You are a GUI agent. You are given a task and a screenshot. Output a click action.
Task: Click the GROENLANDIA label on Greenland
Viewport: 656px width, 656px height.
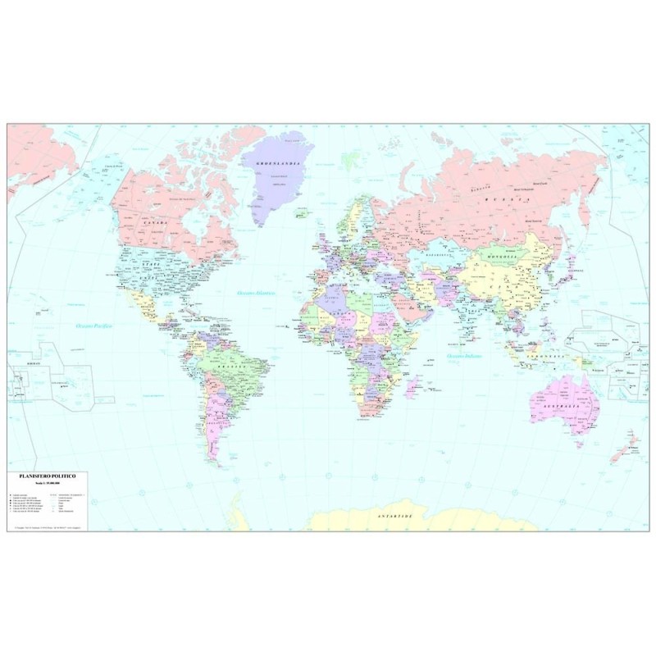coord(275,164)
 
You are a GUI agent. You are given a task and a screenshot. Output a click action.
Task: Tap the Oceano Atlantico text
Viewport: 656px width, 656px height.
coord(256,293)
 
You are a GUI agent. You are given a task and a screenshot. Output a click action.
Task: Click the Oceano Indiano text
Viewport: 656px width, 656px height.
coord(463,358)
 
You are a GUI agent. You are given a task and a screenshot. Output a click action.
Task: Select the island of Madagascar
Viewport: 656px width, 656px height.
coord(417,394)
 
